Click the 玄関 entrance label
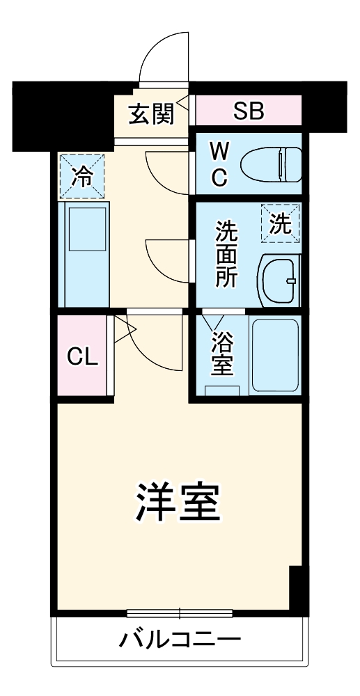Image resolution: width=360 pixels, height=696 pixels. (x=150, y=113)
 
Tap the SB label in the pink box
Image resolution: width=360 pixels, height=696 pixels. (x=248, y=111)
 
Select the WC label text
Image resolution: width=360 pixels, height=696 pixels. (x=219, y=164)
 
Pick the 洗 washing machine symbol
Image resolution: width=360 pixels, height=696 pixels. (x=280, y=223)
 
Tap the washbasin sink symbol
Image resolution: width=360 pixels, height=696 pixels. (x=279, y=279)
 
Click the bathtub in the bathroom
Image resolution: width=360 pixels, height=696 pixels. (x=274, y=354)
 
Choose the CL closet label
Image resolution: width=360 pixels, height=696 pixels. (x=81, y=356)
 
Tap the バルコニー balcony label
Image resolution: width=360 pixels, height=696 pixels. (x=180, y=639)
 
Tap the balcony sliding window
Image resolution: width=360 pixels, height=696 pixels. (x=180, y=613)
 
